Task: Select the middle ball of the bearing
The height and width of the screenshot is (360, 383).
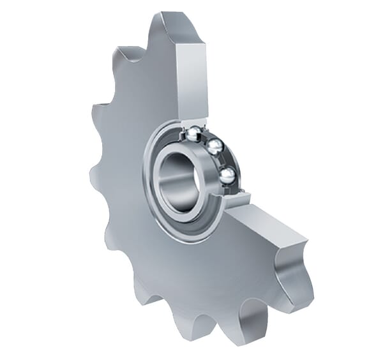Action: [215, 147]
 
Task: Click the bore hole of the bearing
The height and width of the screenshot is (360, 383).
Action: [178, 182]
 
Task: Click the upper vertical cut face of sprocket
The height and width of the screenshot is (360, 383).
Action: [191, 77]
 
